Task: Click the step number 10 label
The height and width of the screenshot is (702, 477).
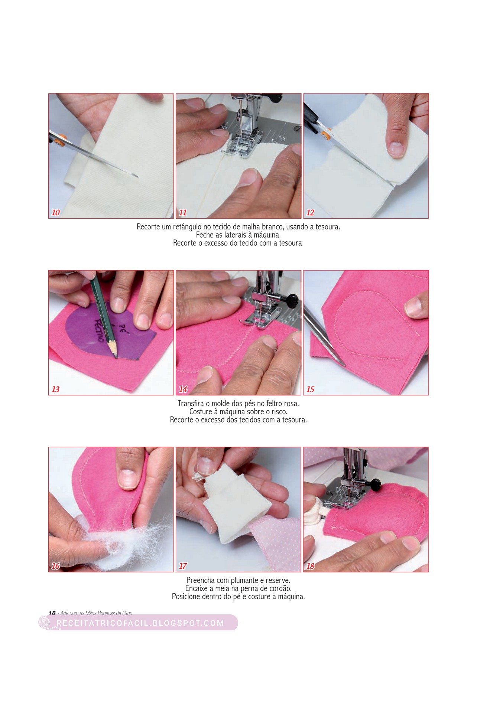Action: [55, 213]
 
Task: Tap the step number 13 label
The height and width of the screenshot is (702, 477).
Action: [55, 389]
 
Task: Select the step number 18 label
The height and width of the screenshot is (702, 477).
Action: [310, 566]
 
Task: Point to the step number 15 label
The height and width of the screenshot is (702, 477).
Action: [310, 389]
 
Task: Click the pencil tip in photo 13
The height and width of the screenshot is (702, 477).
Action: [116, 358]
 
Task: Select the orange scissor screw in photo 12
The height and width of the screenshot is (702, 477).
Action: [326, 135]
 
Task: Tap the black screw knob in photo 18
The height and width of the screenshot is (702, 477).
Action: [374, 484]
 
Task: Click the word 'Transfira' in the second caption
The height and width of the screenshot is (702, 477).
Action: [191, 404]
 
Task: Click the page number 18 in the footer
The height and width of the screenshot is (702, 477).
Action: [52, 613]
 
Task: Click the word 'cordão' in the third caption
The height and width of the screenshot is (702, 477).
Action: [280, 588]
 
